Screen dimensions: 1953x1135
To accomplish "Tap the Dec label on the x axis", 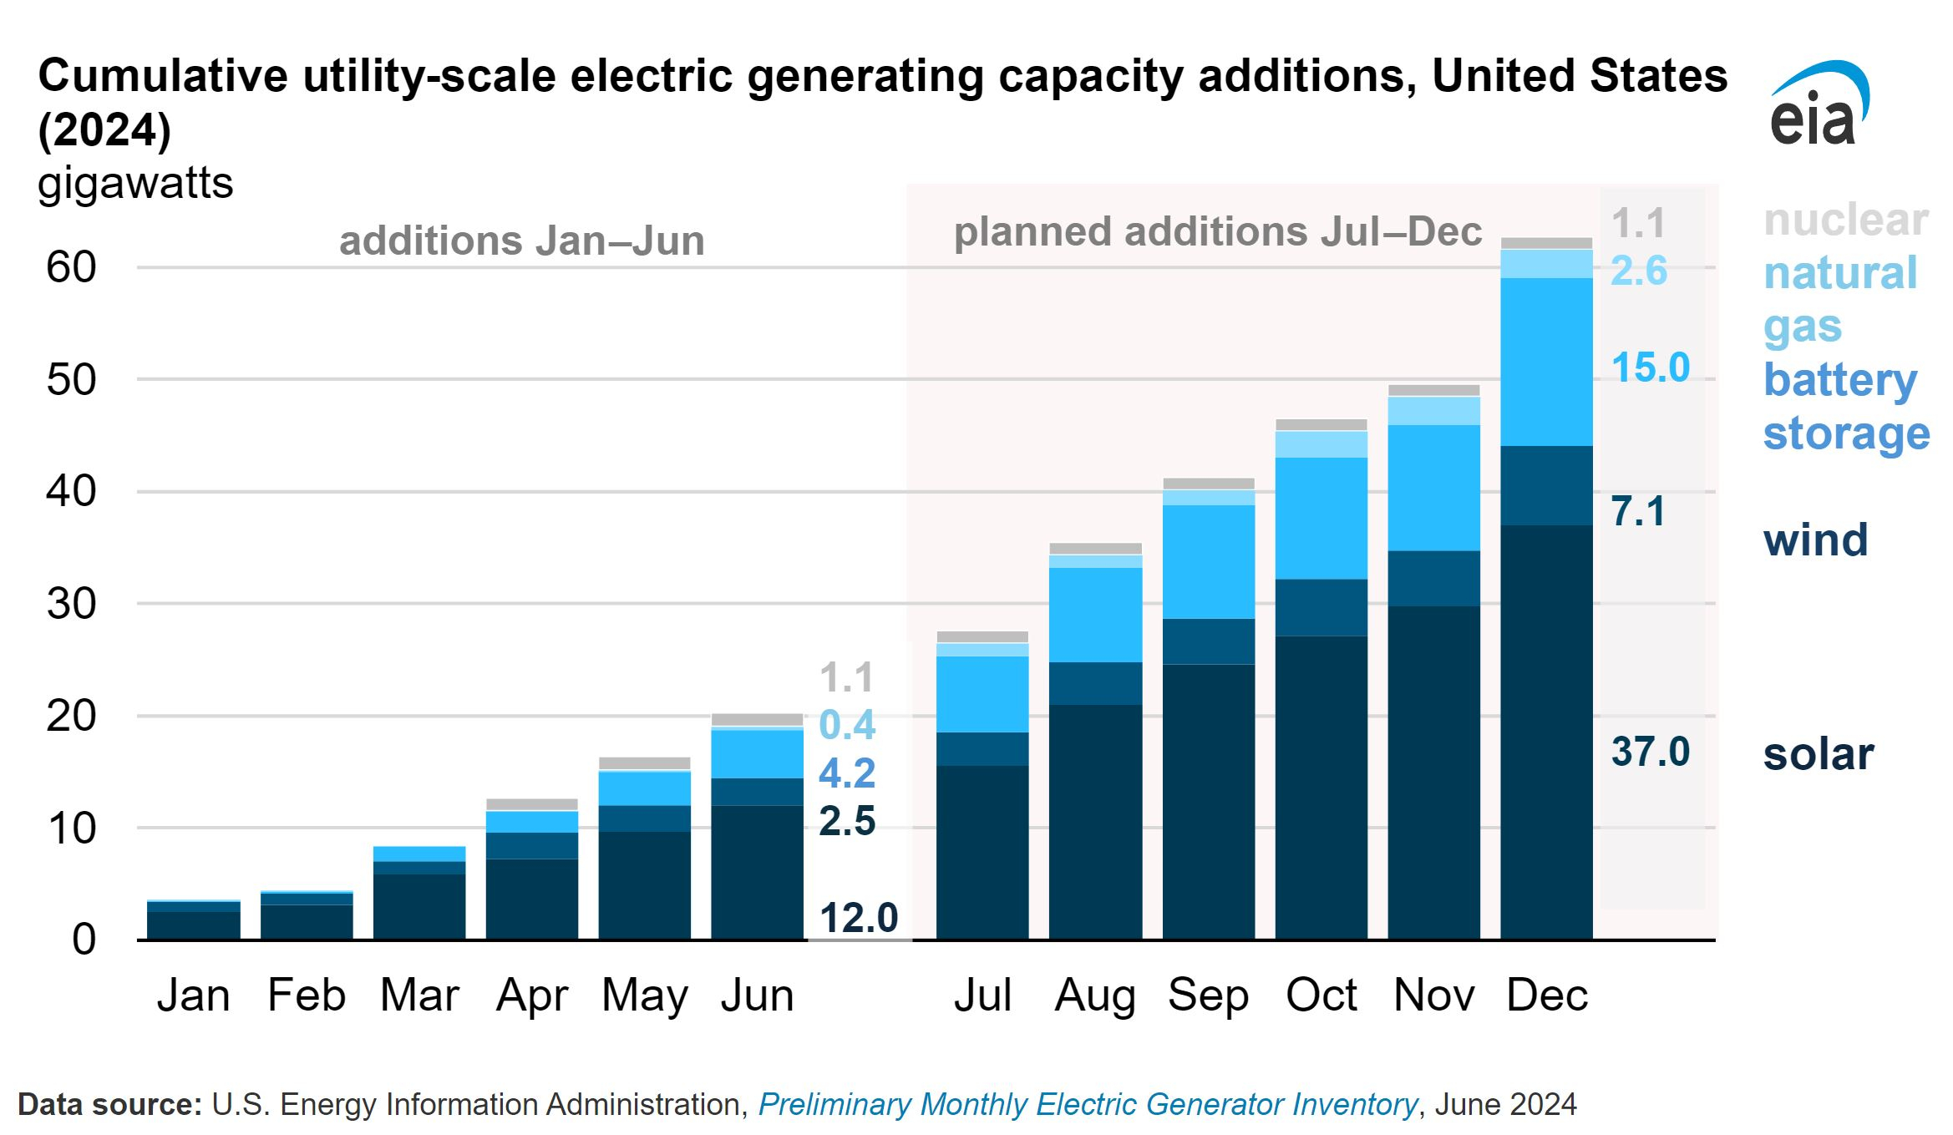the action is [1547, 995].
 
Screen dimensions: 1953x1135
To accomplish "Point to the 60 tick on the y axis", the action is [72, 267].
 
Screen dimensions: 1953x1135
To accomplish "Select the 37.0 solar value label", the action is [1651, 752].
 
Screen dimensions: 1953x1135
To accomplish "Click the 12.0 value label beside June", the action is [859, 918].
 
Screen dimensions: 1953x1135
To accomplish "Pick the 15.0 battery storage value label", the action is [1651, 367].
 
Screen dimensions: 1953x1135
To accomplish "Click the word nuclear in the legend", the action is [1846, 220].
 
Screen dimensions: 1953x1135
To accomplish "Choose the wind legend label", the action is [1816, 540].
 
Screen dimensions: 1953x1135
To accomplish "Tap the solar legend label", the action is [1819, 754].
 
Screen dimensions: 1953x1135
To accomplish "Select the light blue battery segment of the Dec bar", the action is [1547, 362].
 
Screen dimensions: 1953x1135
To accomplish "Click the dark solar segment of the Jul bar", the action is [982, 853].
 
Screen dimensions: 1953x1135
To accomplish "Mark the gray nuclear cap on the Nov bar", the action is [1434, 391].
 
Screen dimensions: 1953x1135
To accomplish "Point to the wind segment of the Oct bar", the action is [1321, 608].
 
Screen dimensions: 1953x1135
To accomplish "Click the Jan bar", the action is [194, 920].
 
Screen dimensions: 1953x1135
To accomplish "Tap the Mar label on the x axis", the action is [419, 995].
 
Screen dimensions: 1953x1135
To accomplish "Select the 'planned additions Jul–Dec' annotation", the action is [1218, 231].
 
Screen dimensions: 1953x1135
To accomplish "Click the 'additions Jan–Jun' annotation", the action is [522, 241].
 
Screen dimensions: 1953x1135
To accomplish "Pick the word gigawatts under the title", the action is [135, 183].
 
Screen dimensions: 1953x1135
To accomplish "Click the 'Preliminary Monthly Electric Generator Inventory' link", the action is [1088, 1104].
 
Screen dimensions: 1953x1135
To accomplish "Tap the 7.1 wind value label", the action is [1638, 511].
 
